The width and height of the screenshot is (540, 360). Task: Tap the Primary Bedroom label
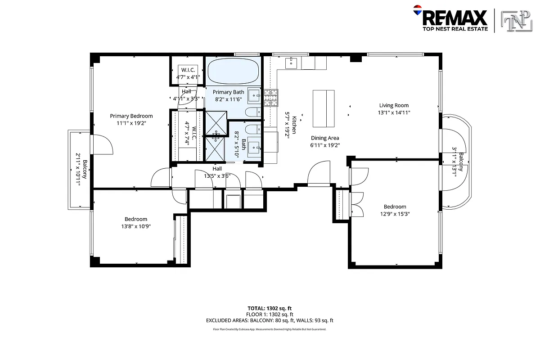pyautogui.click(x=131, y=116)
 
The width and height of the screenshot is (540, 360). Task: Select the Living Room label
pyautogui.click(x=394, y=106)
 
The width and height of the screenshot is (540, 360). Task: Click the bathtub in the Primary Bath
pyautogui.click(x=233, y=71)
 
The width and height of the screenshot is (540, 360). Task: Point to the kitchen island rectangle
pyautogui.click(x=324, y=108)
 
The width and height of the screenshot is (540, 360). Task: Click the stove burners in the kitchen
pyautogui.click(x=271, y=98)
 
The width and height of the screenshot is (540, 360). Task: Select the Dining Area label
pyautogui.click(x=324, y=138)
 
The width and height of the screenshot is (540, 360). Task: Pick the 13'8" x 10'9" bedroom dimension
pyautogui.click(x=135, y=226)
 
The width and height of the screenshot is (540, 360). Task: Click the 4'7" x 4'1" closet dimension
pyautogui.click(x=187, y=77)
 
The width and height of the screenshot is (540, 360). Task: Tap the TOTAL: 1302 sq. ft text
pyautogui.click(x=270, y=308)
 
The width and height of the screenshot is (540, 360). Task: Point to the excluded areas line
pyautogui.click(x=270, y=320)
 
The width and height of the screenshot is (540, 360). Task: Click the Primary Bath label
pyautogui.click(x=228, y=92)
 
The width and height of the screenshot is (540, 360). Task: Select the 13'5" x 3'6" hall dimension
pyautogui.click(x=217, y=176)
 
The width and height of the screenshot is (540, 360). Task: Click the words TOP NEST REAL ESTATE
pyautogui.click(x=454, y=29)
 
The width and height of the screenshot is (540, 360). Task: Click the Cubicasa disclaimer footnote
pyautogui.click(x=270, y=329)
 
